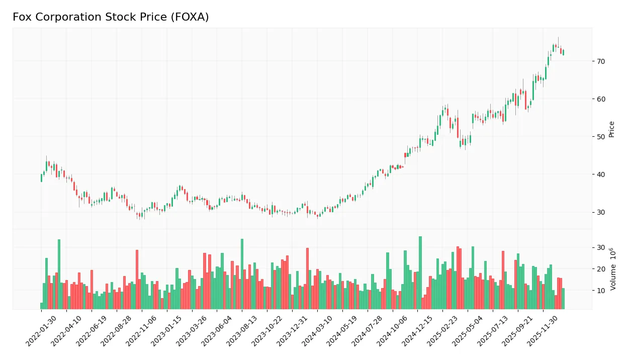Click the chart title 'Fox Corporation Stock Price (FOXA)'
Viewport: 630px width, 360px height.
[111, 17]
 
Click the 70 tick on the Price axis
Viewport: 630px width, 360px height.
[601, 61]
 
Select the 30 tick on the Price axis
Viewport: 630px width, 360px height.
[601, 212]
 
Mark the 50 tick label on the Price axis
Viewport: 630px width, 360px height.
[601, 137]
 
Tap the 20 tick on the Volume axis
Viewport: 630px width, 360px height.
[601, 269]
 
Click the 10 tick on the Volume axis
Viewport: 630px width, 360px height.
[601, 291]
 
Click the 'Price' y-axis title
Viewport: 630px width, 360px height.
[612, 129]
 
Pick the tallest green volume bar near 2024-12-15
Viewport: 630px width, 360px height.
[420, 273]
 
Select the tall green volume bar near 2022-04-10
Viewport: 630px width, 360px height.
[59, 275]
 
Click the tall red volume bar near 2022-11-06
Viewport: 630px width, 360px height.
[137, 280]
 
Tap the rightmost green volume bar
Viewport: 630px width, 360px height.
[563, 299]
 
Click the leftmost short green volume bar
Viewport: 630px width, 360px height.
[42, 306]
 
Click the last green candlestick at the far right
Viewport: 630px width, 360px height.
[563, 52]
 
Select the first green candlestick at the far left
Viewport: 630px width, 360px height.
[41, 178]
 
